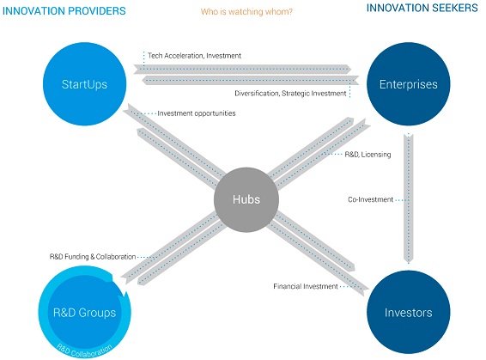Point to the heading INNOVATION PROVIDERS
tap(64, 11)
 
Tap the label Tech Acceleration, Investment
tap(195, 56)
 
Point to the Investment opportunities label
tap(197, 113)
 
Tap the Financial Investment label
tap(305, 285)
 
